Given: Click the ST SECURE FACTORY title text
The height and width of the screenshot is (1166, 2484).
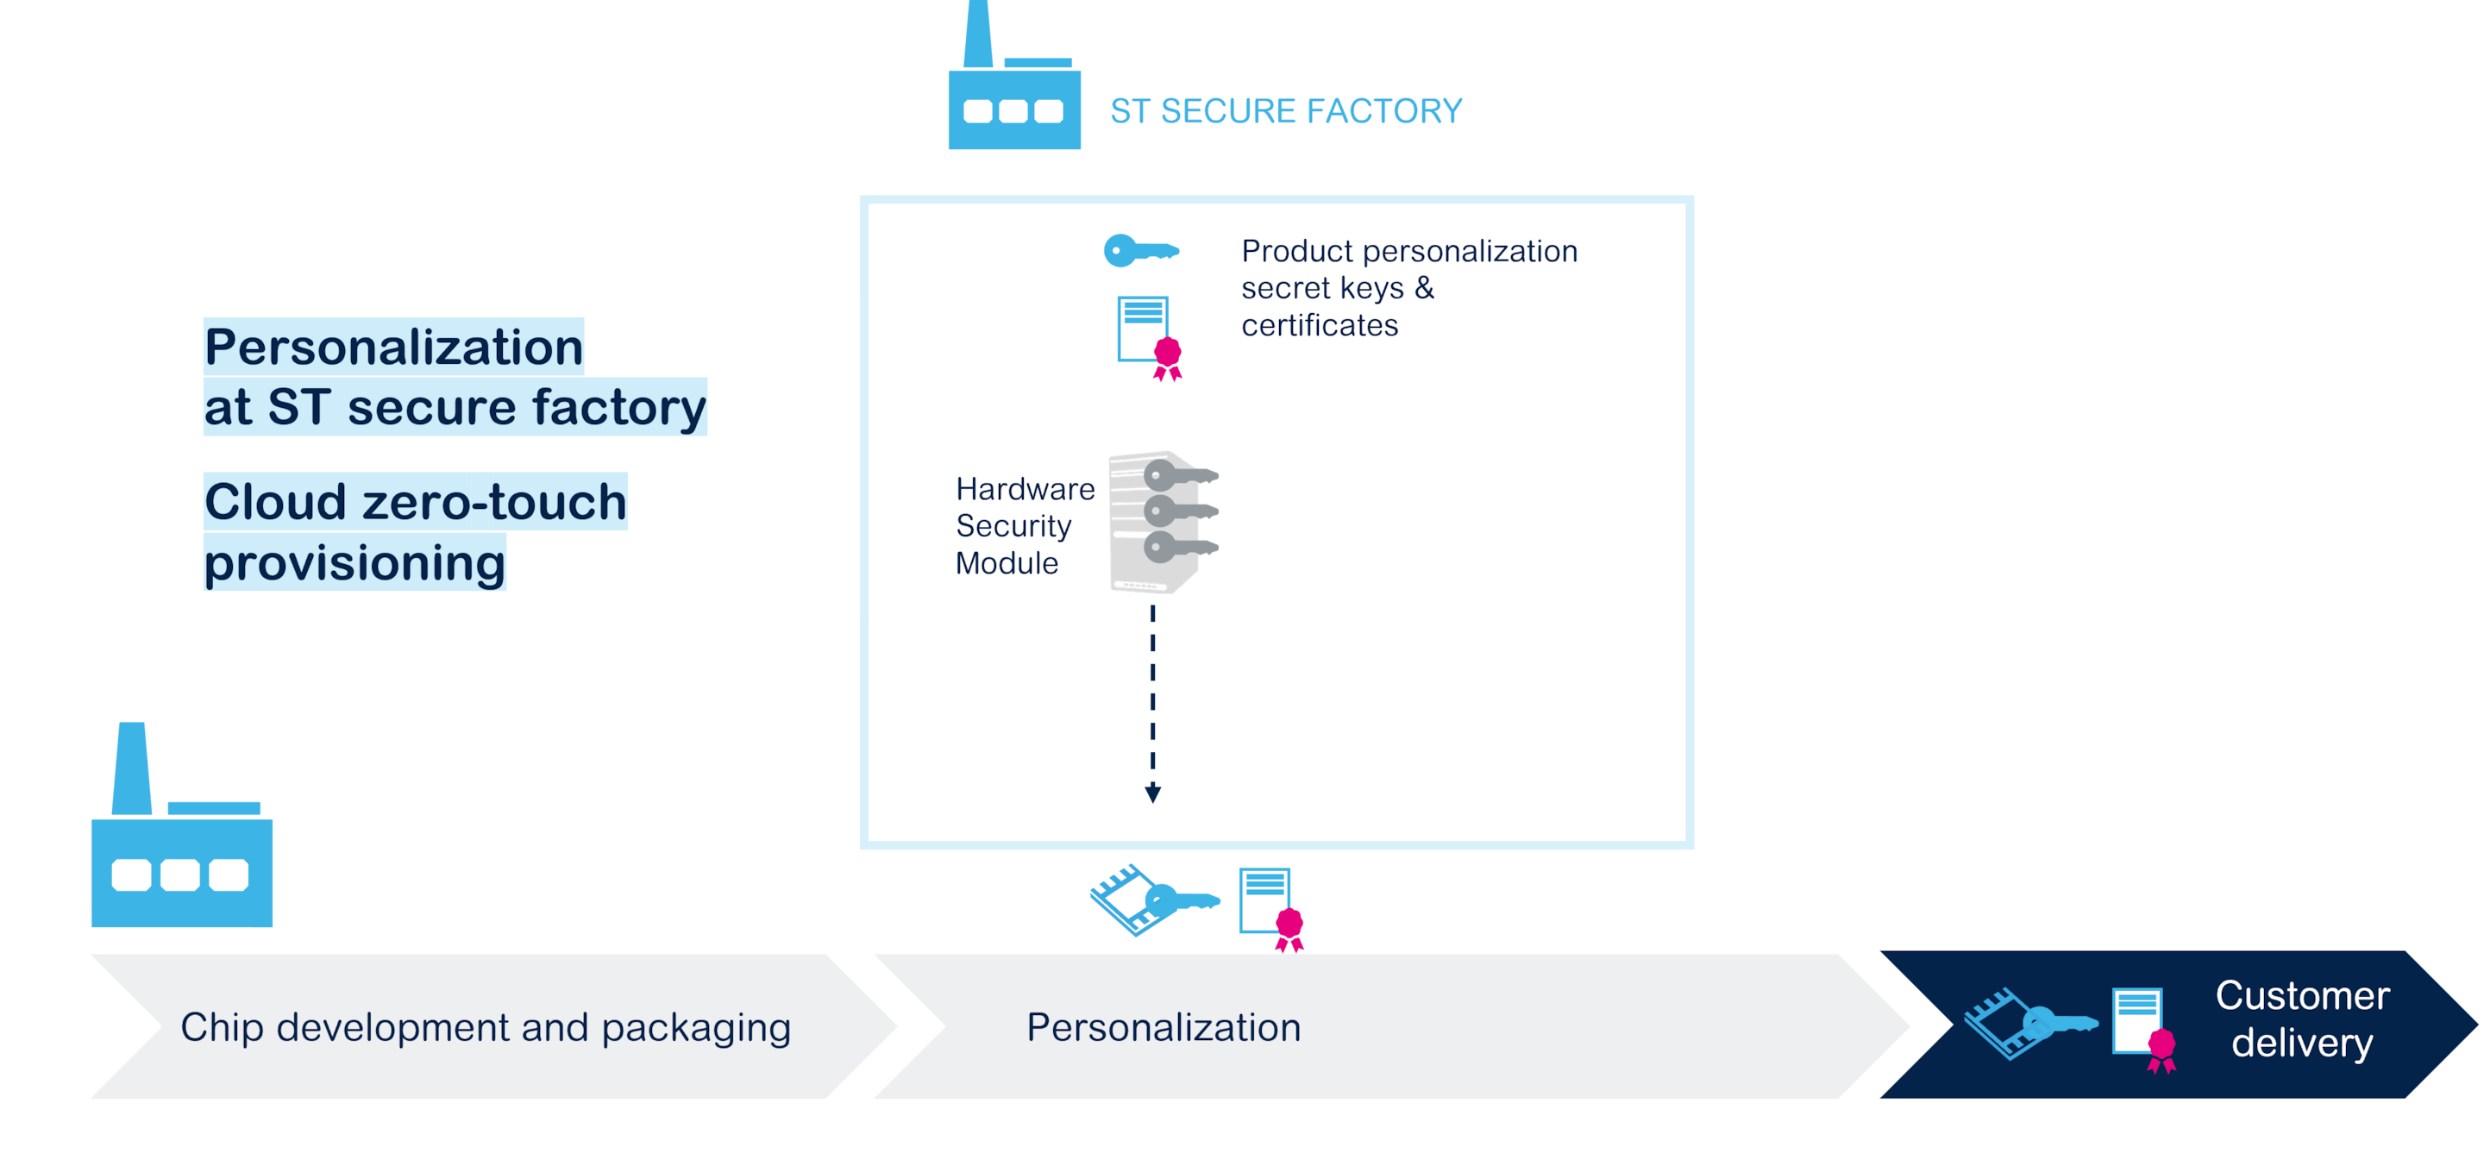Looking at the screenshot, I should tap(1285, 112).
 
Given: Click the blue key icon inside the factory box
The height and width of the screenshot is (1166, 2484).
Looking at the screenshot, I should tap(1138, 251).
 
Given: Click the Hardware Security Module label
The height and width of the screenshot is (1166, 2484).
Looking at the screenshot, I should tap(1025, 525).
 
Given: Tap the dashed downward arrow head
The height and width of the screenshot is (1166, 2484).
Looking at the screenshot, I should tap(1152, 793).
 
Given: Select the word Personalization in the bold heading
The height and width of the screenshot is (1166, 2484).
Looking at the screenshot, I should tap(393, 348).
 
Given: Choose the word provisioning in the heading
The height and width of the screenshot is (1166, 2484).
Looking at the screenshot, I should tap(354, 562).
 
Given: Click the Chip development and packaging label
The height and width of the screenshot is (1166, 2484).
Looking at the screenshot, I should tap(485, 1027).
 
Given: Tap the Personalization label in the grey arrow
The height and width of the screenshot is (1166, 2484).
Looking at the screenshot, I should tap(1163, 1027).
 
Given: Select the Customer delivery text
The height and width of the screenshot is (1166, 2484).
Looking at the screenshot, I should tap(2302, 1019).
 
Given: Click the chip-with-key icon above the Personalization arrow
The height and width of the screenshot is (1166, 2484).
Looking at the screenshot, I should tap(1152, 900).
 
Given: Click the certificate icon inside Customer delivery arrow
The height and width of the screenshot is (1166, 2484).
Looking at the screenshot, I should tap(2142, 1028).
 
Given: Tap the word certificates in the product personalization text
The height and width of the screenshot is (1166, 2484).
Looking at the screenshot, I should tap(1319, 326).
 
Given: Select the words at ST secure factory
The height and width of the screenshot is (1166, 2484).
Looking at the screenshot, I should tap(455, 407).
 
